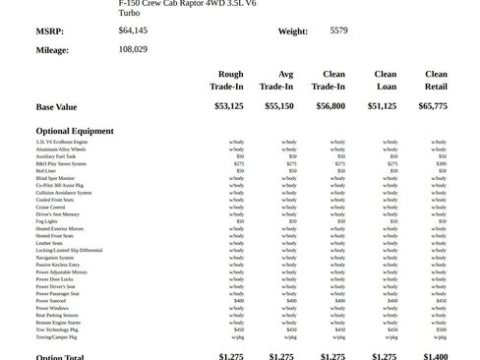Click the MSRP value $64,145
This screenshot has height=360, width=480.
(x=133, y=30)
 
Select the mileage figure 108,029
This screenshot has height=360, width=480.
(x=133, y=48)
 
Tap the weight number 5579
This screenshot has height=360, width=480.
(x=338, y=30)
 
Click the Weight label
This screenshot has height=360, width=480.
(x=292, y=31)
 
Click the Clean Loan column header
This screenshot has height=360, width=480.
(x=385, y=80)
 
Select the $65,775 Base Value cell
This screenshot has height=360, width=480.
(x=433, y=106)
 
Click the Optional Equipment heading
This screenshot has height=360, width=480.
(x=75, y=131)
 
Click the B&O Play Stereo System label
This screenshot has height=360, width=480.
(x=61, y=163)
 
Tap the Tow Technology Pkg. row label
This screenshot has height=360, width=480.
(x=57, y=330)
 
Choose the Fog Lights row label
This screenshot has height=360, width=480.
(x=47, y=221)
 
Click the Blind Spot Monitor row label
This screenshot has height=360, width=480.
(x=56, y=178)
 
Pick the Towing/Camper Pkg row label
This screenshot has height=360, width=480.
(x=56, y=336)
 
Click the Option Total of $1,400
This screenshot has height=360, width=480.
(x=436, y=356)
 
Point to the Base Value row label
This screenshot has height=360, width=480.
(x=56, y=107)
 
